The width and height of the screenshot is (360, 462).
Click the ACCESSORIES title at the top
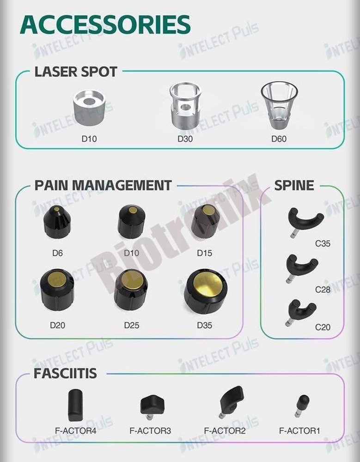105,24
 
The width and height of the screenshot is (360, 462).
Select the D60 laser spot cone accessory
279,106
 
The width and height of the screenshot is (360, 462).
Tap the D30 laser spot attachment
185,106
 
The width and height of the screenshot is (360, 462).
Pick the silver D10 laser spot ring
89,107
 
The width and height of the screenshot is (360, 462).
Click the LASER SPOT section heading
76,72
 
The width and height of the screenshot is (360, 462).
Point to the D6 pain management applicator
57,222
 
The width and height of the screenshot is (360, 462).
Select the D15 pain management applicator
205,221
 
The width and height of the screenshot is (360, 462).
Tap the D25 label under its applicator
132,325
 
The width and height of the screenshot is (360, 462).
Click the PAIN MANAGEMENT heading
103,185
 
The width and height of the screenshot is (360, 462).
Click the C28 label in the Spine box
323,290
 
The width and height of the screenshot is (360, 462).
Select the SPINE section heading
294,185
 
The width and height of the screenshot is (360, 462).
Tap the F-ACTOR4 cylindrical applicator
75,405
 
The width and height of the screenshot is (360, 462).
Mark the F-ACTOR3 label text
150,431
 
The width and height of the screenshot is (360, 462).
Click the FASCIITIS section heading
65,373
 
